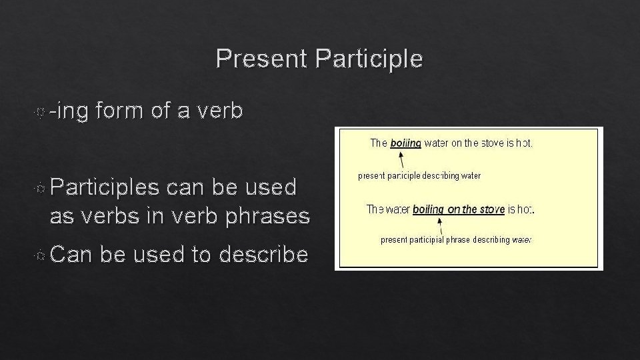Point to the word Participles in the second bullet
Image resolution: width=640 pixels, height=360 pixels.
coord(105,188)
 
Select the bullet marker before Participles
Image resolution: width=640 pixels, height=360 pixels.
coord(41,188)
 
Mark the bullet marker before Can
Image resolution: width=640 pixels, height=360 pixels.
coord(41,255)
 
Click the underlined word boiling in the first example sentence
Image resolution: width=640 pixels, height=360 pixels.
coord(405,143)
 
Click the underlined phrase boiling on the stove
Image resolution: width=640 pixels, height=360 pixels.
coord(458,209)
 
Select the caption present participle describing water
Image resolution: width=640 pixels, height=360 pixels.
coord(419,176)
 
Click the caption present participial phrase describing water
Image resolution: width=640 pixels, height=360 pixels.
coord(455,239)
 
